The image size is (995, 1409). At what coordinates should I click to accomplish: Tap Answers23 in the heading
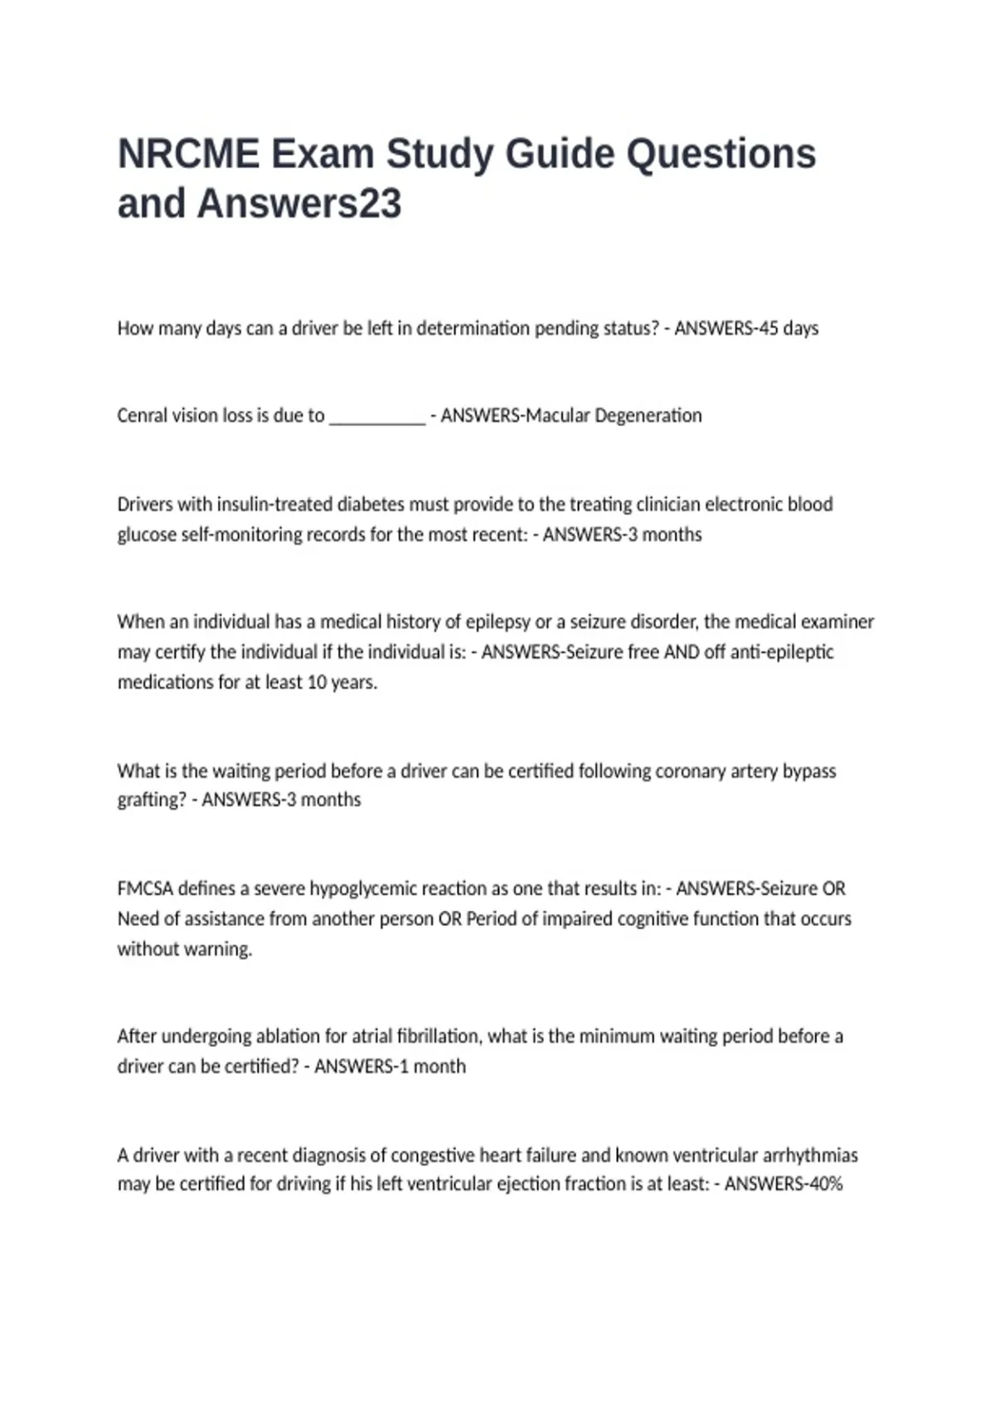coord(299,204)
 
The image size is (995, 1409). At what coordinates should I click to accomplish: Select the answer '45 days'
coord(789,328)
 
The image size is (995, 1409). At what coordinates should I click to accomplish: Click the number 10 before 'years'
coord(316,682)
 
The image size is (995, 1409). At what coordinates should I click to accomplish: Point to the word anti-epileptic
coord(782,651)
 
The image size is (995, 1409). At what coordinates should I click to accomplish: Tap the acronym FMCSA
coord(145,888)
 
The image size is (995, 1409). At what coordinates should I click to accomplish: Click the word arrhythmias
coord(810,1155)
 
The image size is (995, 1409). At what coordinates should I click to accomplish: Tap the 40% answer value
coord(826,1184)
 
